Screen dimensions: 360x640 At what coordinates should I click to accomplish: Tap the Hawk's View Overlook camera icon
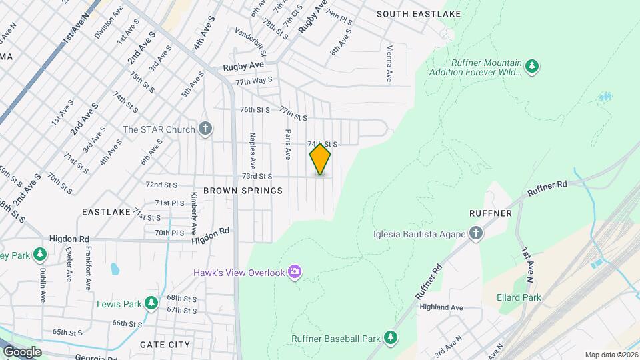pos(295,272)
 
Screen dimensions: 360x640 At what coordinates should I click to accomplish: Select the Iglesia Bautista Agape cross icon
pos(475,233)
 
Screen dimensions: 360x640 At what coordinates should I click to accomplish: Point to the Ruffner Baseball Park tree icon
pos(391,338)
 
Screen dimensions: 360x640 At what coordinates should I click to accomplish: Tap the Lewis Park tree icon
pos(152,304)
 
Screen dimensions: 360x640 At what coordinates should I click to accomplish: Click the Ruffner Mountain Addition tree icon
pos(531,66)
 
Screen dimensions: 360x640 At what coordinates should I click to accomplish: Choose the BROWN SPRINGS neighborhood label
pos(243,191)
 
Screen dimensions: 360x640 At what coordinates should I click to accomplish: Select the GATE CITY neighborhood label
pos(165,345)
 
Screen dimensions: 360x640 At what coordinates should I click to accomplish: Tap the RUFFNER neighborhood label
pos(494,213)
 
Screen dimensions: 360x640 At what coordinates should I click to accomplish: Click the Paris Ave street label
pos(289,145)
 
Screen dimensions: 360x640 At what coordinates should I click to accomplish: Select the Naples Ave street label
pos(253,150)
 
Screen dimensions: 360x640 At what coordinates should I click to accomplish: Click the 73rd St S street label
pos(257,177)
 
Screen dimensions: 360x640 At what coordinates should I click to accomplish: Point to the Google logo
pos(22,351)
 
